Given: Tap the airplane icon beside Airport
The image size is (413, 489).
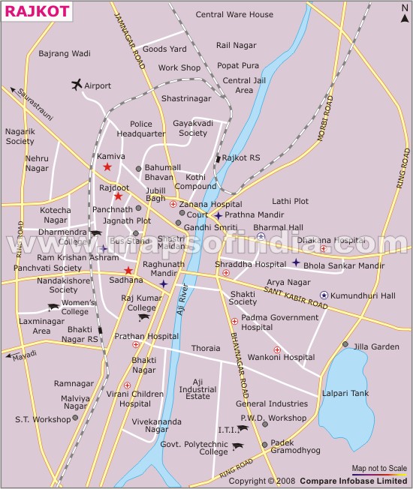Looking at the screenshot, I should (76, 85).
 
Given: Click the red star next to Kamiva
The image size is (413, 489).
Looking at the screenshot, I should (107, 166).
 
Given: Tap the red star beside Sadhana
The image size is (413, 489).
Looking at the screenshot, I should (128, 270).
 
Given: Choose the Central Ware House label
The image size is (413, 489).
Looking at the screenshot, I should (234, 14).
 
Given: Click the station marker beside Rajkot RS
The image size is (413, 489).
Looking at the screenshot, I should (218, 158).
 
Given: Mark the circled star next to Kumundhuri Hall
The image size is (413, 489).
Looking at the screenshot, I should (324, 295).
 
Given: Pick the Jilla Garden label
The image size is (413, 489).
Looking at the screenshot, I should (377, 346).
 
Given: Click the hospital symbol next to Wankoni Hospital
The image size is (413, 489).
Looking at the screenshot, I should (277, 349).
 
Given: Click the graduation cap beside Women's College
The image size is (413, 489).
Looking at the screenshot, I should (53, 307).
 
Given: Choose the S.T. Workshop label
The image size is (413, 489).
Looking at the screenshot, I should (43, 419).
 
